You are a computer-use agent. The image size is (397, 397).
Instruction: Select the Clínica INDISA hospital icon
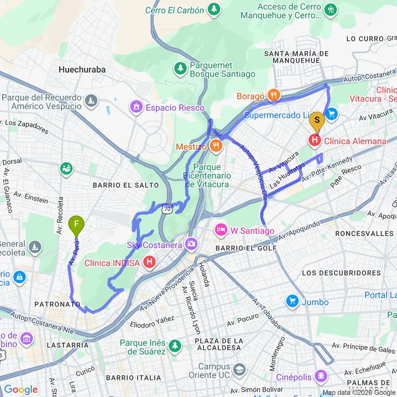click(150, 262)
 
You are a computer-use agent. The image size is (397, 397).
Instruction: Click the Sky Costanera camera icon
click(191, 245)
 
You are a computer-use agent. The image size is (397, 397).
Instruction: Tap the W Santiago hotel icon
click(220, 230)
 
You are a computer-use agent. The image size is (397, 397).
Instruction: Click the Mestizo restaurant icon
click(215, 146)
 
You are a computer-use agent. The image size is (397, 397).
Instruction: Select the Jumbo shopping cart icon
click(292, 302)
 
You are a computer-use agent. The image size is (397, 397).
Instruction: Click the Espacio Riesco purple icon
click(137, 107)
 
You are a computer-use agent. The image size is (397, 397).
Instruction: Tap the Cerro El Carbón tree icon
click(214, 10)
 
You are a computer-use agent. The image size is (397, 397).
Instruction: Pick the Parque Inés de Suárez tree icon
click(175, 347)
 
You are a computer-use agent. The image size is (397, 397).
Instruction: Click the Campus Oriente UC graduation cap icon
click(239, 369)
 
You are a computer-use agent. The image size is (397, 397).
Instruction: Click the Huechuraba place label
click(82, 69)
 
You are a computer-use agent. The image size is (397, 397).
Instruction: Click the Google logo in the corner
click(21, 390)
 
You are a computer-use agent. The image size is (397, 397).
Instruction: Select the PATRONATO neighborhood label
click(57, 304)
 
